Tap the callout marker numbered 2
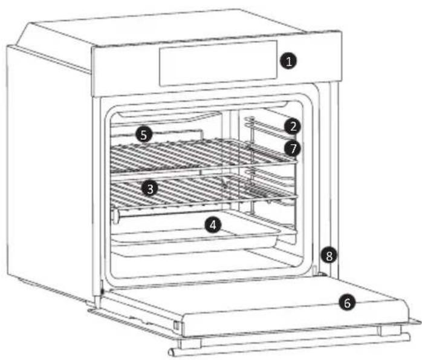tap(292, 126)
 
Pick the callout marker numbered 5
tap(143, 134)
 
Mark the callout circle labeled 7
tap(292, 147)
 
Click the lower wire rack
tap(200, 192)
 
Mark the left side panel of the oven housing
tap(48, 169)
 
